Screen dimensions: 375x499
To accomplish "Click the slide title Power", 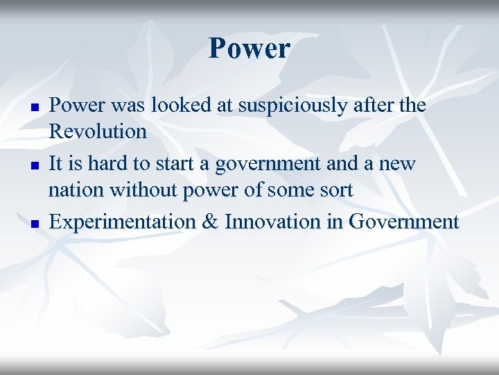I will pyautogui.click(x=249, y=49).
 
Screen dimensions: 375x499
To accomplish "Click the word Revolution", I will pyautogui.click(x=98, y=131).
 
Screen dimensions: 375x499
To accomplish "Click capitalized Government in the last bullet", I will pyautogui.click(x=404, y=222).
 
